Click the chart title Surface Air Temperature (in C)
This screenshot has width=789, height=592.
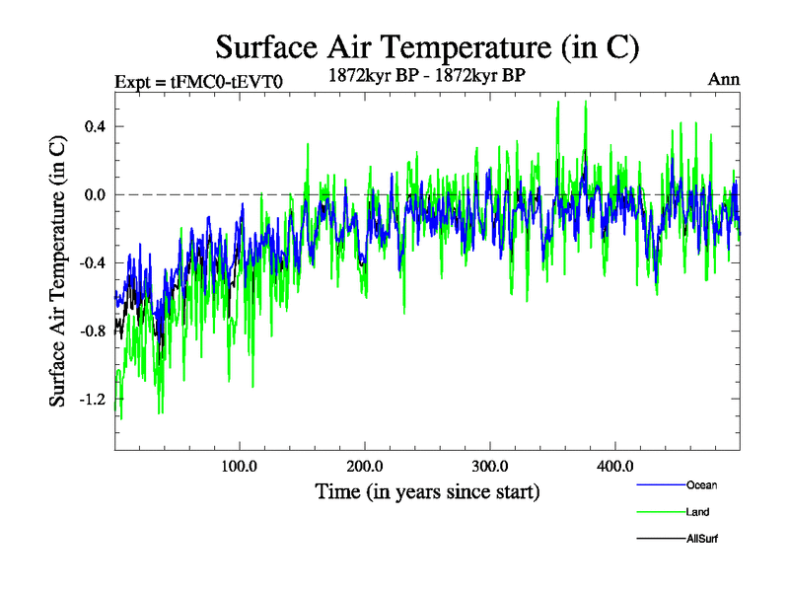pos(428,45)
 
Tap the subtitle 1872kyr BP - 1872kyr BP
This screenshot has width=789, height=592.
pos(428,72)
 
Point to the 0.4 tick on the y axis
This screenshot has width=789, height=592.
pos(94,126)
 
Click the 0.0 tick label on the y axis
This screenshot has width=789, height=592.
pos(94,194)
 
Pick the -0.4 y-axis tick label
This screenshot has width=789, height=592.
pos(92,262)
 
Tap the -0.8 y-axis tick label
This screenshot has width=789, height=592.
pos(92,331)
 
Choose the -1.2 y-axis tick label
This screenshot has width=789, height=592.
pos(92,399)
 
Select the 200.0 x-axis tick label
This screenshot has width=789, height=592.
pos(365,466)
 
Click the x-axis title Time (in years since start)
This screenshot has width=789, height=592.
pos(427,490)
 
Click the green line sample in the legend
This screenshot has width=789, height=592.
pos(658,512)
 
